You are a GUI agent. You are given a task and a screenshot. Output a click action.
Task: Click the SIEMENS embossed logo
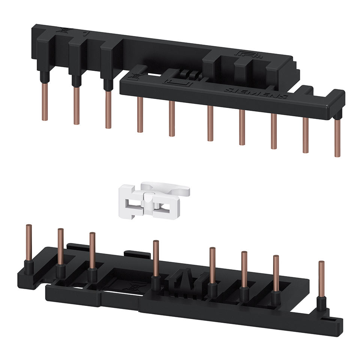(x=256, y=93)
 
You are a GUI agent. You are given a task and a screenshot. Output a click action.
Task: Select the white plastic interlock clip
(x=154, y=200)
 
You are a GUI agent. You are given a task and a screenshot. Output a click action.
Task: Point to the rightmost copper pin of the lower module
(x=322, y=279)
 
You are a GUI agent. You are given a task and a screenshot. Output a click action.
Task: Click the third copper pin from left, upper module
(x=108, y=110)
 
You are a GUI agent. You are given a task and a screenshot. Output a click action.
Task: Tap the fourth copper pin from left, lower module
(x=156, y=258)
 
